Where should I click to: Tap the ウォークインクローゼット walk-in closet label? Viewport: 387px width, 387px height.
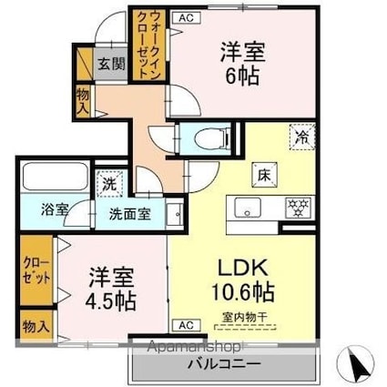[x=147, y=45]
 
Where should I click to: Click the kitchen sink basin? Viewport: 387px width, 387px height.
[x=247, y=207]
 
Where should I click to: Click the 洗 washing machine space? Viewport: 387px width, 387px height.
[x=109, y=183]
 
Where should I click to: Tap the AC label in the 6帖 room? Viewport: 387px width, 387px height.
[x=186, y=17]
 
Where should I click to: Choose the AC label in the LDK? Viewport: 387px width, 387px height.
[x=184, y=325]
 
